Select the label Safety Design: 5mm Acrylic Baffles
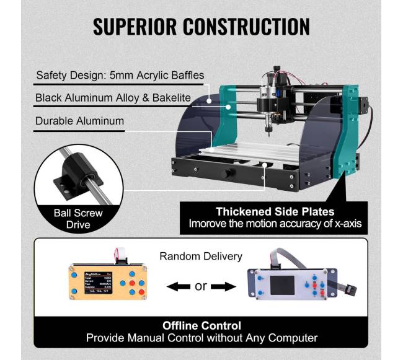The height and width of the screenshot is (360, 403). (x=119, y=76)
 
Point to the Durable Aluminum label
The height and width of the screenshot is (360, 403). (x=79, y=121)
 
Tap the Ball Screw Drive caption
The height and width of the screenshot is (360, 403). (x=78, y=219)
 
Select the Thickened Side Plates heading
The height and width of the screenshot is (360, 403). (x=275, y=211)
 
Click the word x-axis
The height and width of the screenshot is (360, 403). (x=344, y=223)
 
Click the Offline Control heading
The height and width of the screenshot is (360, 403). (x=201, y=325)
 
